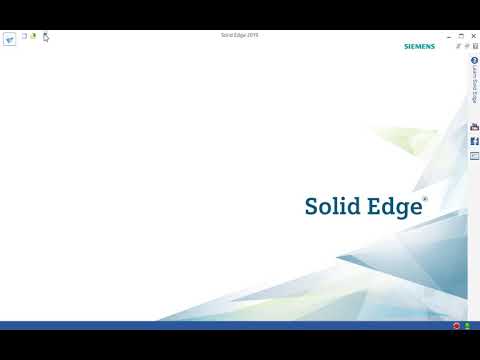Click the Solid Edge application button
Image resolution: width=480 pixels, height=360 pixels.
point(10,39)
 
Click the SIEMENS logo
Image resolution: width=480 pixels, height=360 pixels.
point(419,46)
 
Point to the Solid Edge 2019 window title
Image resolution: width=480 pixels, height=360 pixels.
point(239,35)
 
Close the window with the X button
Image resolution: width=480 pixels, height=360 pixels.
point(468,35)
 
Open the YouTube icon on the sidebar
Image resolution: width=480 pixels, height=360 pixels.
point(474,128)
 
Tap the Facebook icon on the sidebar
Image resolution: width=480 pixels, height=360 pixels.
point(474,141)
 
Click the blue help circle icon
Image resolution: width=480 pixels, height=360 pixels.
point(474,62)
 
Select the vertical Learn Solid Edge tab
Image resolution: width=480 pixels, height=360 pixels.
point(474,87)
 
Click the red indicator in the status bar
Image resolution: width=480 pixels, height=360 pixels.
point(456,326)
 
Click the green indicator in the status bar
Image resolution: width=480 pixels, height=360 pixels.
point(467,326)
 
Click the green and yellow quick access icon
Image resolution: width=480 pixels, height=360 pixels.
point(33,36)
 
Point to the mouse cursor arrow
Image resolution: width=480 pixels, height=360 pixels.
point(46,38)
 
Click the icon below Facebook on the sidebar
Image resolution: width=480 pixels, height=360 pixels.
point(474,155)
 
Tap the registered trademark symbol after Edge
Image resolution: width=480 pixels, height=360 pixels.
point(425,199)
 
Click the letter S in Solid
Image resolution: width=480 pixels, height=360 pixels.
point(311,206)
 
